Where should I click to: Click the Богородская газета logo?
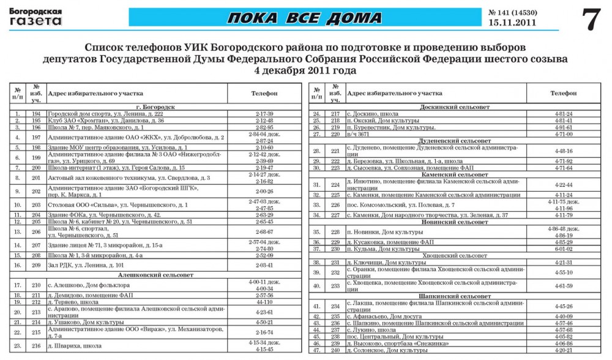coord(35,17)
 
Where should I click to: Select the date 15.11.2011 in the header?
coord(512,23)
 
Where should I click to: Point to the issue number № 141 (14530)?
coord(512,12)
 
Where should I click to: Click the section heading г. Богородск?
coord(155,107)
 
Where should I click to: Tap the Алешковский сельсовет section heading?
coord(155,276)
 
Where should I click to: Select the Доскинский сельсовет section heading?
coord(455,107)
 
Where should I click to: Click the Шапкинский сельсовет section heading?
coord(455,296)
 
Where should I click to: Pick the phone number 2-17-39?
coord(264,114)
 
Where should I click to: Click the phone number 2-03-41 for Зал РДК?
coord(264,265)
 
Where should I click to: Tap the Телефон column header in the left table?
coord(264,93)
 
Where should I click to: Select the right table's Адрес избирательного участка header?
coord(395,93)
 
